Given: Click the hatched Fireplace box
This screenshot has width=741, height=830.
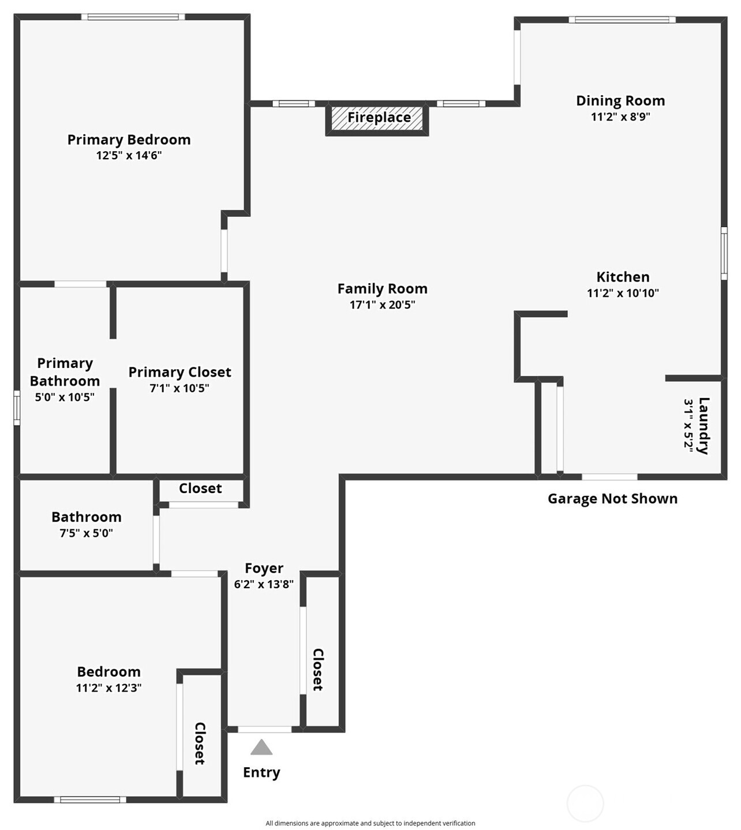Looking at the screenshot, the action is (x=377, y=118).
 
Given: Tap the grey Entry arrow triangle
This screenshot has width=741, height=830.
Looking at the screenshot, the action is (x=261, y=748).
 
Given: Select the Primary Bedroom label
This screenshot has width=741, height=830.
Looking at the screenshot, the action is (x=129, y=140).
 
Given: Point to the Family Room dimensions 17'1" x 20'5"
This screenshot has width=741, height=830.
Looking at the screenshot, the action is (x=383, y=305).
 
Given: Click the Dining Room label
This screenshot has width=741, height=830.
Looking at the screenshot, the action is (x=620, y=101).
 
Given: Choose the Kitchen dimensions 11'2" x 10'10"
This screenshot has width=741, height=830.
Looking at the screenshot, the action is (x=623, y=293).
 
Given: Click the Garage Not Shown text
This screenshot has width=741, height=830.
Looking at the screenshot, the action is (x=613, y=498).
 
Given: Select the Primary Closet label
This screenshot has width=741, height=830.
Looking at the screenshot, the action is (x=180, y=372).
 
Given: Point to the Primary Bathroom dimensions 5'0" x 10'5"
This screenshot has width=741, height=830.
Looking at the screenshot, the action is (x=65, y=397).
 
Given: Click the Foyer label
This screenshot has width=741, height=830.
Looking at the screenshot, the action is (x=264, y=568).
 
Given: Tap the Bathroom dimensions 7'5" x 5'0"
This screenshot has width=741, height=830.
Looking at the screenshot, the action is (x=87, y=533).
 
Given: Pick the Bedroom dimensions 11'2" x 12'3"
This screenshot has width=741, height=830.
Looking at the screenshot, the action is (x=108, y=688).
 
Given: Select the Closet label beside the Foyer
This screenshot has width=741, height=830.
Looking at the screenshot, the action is (x=318, y=670).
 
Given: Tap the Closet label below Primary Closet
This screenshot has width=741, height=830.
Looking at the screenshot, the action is (x=200, y=489).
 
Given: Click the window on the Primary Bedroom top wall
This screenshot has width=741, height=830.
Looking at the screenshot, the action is (x=133, y=17).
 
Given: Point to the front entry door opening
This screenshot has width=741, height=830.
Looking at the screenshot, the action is (x=265, y=730).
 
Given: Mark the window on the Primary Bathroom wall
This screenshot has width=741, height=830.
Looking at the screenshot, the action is (x=17, y=408).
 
